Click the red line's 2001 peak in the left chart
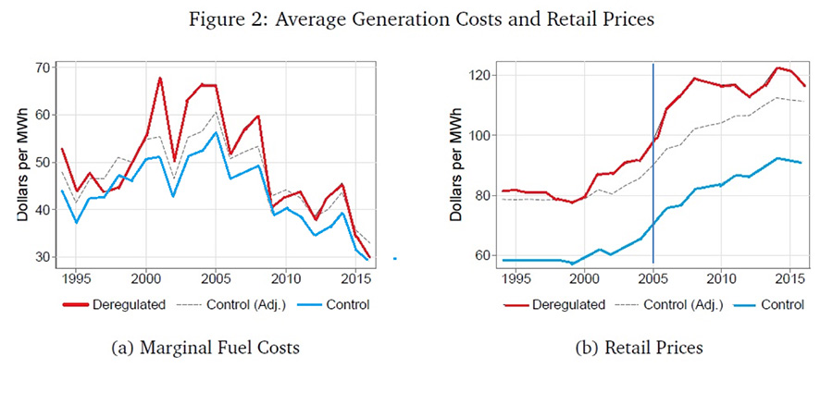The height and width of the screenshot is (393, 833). click(x=160, y=78)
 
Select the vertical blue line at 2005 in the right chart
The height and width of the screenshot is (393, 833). click(x=653, y=166)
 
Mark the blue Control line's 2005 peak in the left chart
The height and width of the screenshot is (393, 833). click(x=216, y=132)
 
